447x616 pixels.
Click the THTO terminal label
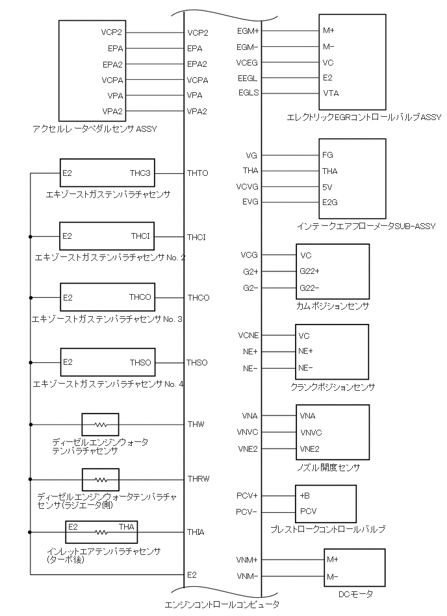[x=198, y=173]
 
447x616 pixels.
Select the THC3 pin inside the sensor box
[x=140, y=173]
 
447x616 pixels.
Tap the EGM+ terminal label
[x=248, y=31]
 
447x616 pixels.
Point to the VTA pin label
[x=331, y=93]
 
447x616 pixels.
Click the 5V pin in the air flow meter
[x=327, y=186]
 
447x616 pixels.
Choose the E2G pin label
[x=330, y=202]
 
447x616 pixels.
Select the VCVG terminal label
[x=248, y=186]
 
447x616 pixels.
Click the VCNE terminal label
[x=248, y=336]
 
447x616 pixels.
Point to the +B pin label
[x=305, y=496]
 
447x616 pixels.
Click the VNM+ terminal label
[x=248, y=560]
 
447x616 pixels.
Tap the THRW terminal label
[x=198, y=479]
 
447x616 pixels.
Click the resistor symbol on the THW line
[x=101, y=425]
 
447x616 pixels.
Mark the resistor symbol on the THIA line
[x=101, y=532]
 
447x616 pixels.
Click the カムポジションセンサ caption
[x=332, y=305]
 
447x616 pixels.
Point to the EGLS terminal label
[x=248, y=93]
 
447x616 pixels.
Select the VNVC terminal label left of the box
[x=248, y=432]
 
